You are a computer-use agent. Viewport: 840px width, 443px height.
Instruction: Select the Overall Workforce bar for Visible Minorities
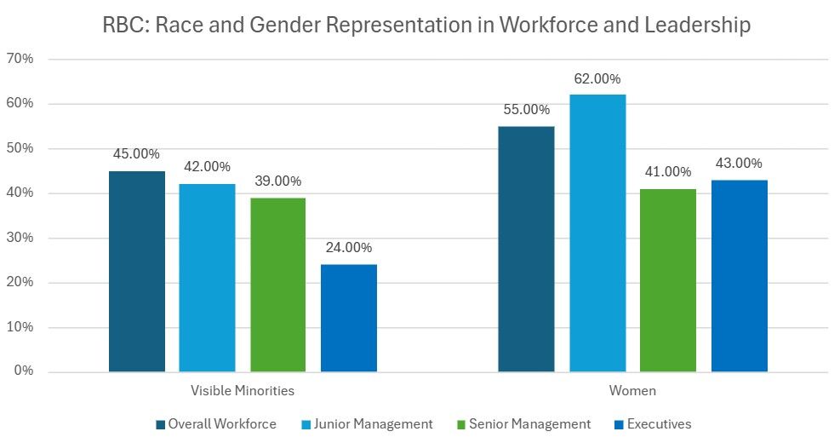(137, 272)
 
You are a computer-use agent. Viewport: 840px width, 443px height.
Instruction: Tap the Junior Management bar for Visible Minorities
(207, 278)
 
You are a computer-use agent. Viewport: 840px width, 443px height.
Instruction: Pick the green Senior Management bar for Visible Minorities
(277, 285)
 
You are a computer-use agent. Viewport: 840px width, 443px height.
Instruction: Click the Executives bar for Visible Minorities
(349, 318)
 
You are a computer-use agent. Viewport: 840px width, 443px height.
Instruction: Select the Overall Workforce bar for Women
(526, 249)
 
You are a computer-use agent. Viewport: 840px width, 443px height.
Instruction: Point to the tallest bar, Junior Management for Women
(597, 233)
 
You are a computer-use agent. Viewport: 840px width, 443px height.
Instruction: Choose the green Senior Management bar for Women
(668, 280)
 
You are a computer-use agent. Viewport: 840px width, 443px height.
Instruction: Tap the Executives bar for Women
(739, 276)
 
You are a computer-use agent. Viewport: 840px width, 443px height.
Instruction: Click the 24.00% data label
(349, 248)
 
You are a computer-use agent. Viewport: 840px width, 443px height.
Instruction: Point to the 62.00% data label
(597, 78)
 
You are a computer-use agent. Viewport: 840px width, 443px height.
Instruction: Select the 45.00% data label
(137, 154)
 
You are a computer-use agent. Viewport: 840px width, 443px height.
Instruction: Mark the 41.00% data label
(668, 172)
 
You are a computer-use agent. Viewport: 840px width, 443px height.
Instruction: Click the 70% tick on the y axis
(20, 60)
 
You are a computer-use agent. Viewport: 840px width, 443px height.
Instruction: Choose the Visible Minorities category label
(243, 391)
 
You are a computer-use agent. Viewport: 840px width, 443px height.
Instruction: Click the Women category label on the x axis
(632, 391)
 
